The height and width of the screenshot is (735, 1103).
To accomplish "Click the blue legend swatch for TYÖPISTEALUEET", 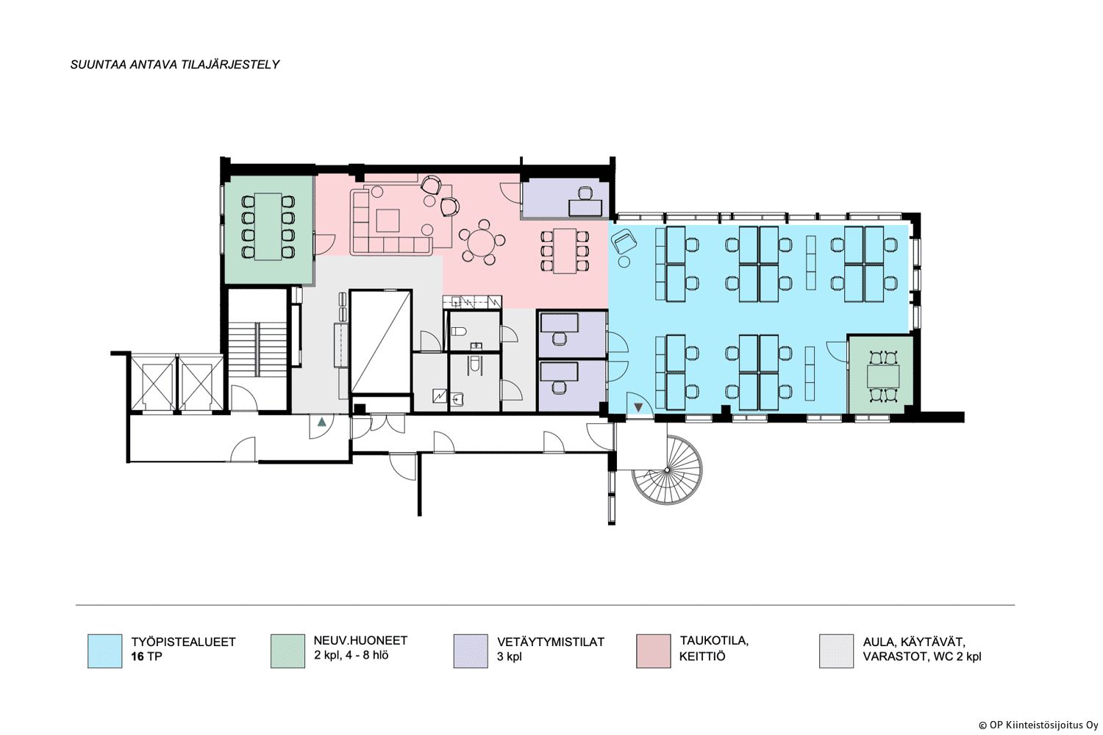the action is click(x=105, y=650).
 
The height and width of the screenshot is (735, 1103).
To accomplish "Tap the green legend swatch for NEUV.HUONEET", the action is click(x=288, y=650).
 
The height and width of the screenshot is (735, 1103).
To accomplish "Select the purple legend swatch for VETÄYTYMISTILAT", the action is click(x=471, y=650).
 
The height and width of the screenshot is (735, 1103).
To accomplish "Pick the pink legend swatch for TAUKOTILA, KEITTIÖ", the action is click(x=654, y=650).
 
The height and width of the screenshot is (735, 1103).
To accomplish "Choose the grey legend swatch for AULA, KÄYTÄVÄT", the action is click(x=837, y=650).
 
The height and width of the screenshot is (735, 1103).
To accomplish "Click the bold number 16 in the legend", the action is click(x=138, y=657).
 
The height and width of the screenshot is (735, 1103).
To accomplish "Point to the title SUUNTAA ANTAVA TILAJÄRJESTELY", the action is click(x=175, y=65).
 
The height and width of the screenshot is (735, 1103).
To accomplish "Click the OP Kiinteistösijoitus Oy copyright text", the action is click(x=1039, y=725).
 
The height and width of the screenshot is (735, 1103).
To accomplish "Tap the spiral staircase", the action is click(x=667, y=470).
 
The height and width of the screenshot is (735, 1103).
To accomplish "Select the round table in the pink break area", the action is click(x=482, y=243).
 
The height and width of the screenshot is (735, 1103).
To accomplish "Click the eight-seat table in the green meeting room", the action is click(x=268, y=226).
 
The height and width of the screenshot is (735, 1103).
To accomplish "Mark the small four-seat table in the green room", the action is click(x=883, y=376).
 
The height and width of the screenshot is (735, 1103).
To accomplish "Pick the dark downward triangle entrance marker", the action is click(x=639, y=407).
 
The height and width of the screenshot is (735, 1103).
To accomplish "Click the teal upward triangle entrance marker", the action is click(x=321, y=421).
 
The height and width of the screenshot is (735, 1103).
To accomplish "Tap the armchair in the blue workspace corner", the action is click(x=624, y=243).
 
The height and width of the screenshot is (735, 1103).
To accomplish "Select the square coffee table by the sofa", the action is click(x=388, y=220).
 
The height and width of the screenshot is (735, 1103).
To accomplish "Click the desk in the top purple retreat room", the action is click(x=585, y=207).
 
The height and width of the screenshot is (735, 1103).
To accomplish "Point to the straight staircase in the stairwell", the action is click(x=257, y=348).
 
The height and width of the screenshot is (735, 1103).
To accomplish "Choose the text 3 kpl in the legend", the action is click(x=509, y=657).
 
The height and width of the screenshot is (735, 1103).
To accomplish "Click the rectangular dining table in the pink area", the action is click(x=564, y=251).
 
